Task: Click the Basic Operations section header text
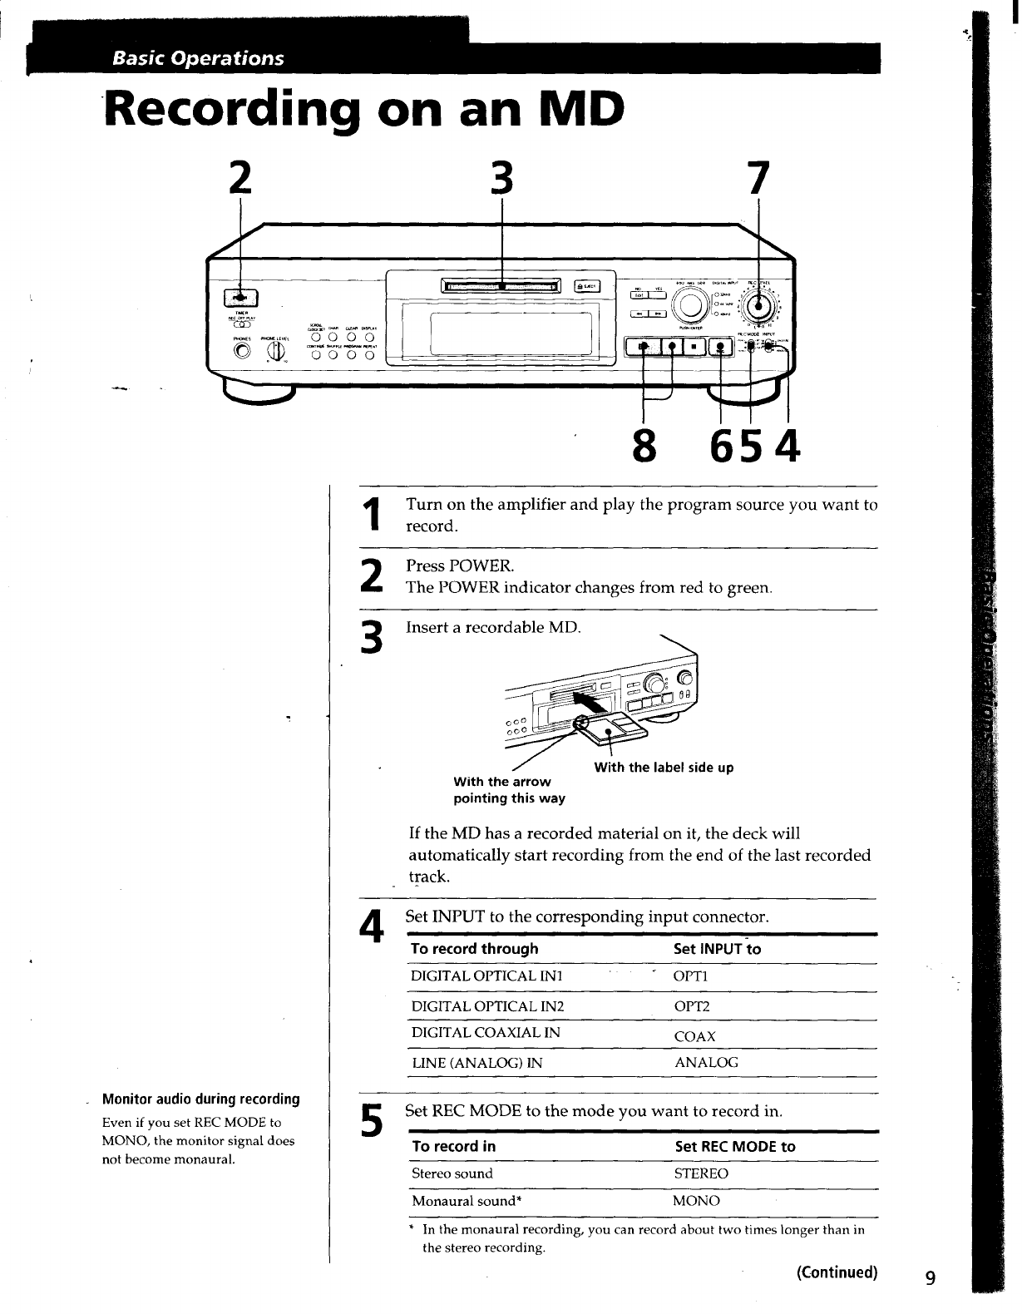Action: click(x=199, y=58)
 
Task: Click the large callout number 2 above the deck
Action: click(x=239, y=179)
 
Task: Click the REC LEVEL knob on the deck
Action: click(x=758, y=307)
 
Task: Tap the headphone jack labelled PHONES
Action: click(x=241, y=351)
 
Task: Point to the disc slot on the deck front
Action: click(x=501, y=287)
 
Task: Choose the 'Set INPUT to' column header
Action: click(x=717, y=949)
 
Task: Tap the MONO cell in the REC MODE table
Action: click(x=696, y=1201)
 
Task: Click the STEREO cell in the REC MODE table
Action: click(x=701, y=1173)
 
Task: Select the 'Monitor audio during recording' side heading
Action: click(x=200, y=1099)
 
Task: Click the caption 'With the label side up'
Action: click(x=664, y=768)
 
